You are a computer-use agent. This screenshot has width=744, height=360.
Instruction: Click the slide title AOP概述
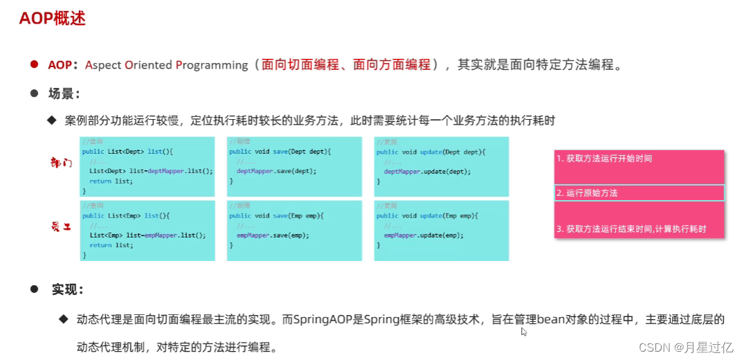(x=52, y=19)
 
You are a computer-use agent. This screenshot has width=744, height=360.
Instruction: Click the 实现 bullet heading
(x=68, y=289)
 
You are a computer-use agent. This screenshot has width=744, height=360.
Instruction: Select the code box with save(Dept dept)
(x=294, y=166)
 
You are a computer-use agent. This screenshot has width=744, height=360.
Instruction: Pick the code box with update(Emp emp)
(x=441, y=231)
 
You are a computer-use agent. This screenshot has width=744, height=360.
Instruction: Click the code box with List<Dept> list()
(x=147, y=166)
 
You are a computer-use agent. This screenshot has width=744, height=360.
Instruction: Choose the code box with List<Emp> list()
(x=147, y=231)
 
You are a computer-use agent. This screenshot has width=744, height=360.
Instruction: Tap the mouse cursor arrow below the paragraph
(x=524, y=332)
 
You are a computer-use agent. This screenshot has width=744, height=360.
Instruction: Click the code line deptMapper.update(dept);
(x=427, y=171)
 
